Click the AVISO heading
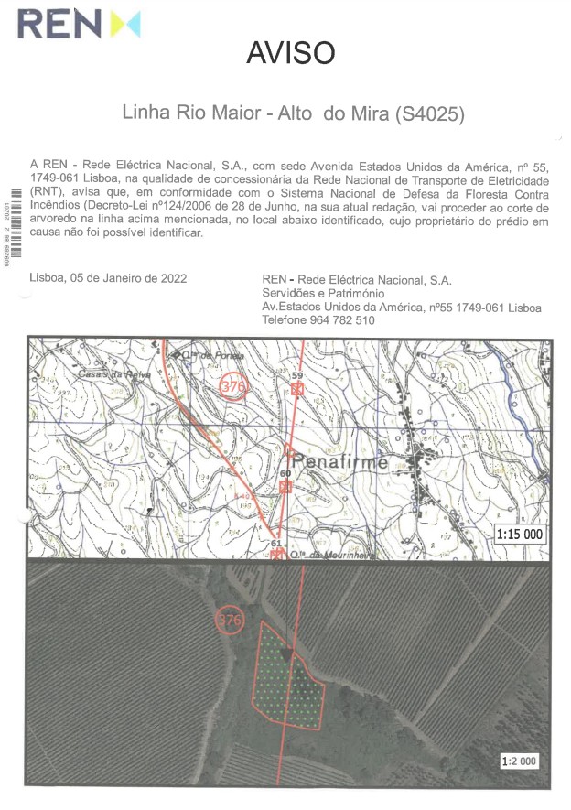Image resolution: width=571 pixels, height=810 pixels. [291, 53]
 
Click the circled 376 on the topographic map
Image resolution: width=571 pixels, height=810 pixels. [234, 386]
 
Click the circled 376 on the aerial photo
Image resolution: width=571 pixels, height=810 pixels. [230, 621]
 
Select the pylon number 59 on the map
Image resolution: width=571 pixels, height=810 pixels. [296, 376]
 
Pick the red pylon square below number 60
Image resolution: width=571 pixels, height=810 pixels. [285, 487]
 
